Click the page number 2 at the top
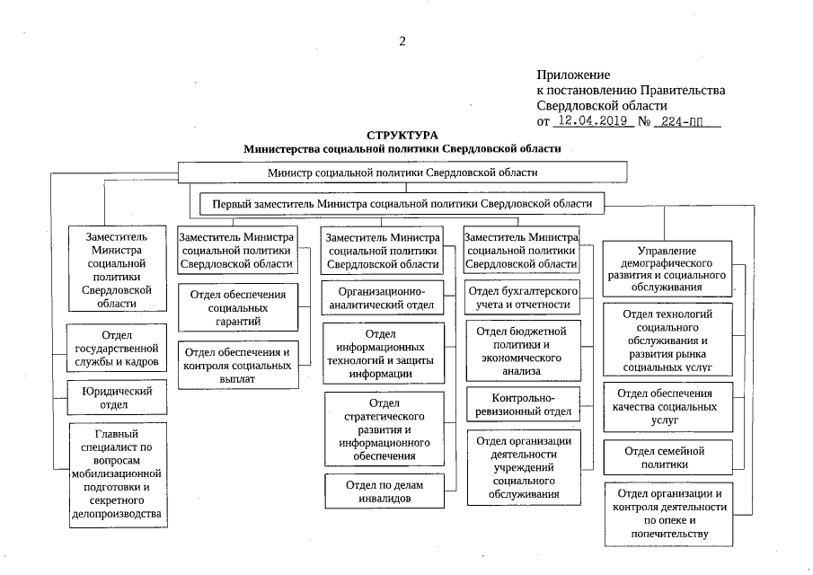point(402,40)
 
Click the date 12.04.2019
point(591,120)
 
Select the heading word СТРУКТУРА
point(402,135)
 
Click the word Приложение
point(573,75)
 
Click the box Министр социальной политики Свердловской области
point(402,172)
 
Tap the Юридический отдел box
point(118,398)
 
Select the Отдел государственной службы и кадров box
point(118,349)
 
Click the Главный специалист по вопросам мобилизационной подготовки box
point(118,474)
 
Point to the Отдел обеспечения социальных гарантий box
point(238,307)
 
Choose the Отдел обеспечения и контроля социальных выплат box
point(238,366)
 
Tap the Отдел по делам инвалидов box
point(384,491)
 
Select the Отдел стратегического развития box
point(384,429)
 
